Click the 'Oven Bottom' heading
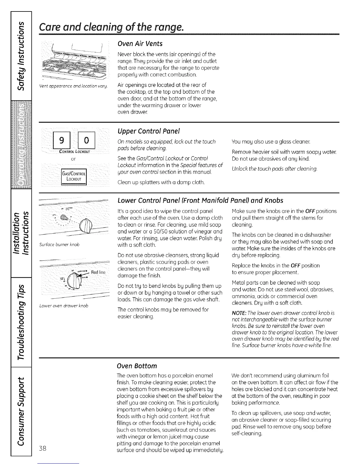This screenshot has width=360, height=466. pyautogui.click(x=137, y=366)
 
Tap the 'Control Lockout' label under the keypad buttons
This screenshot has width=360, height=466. pyautogui.click(x=74, y=152)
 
